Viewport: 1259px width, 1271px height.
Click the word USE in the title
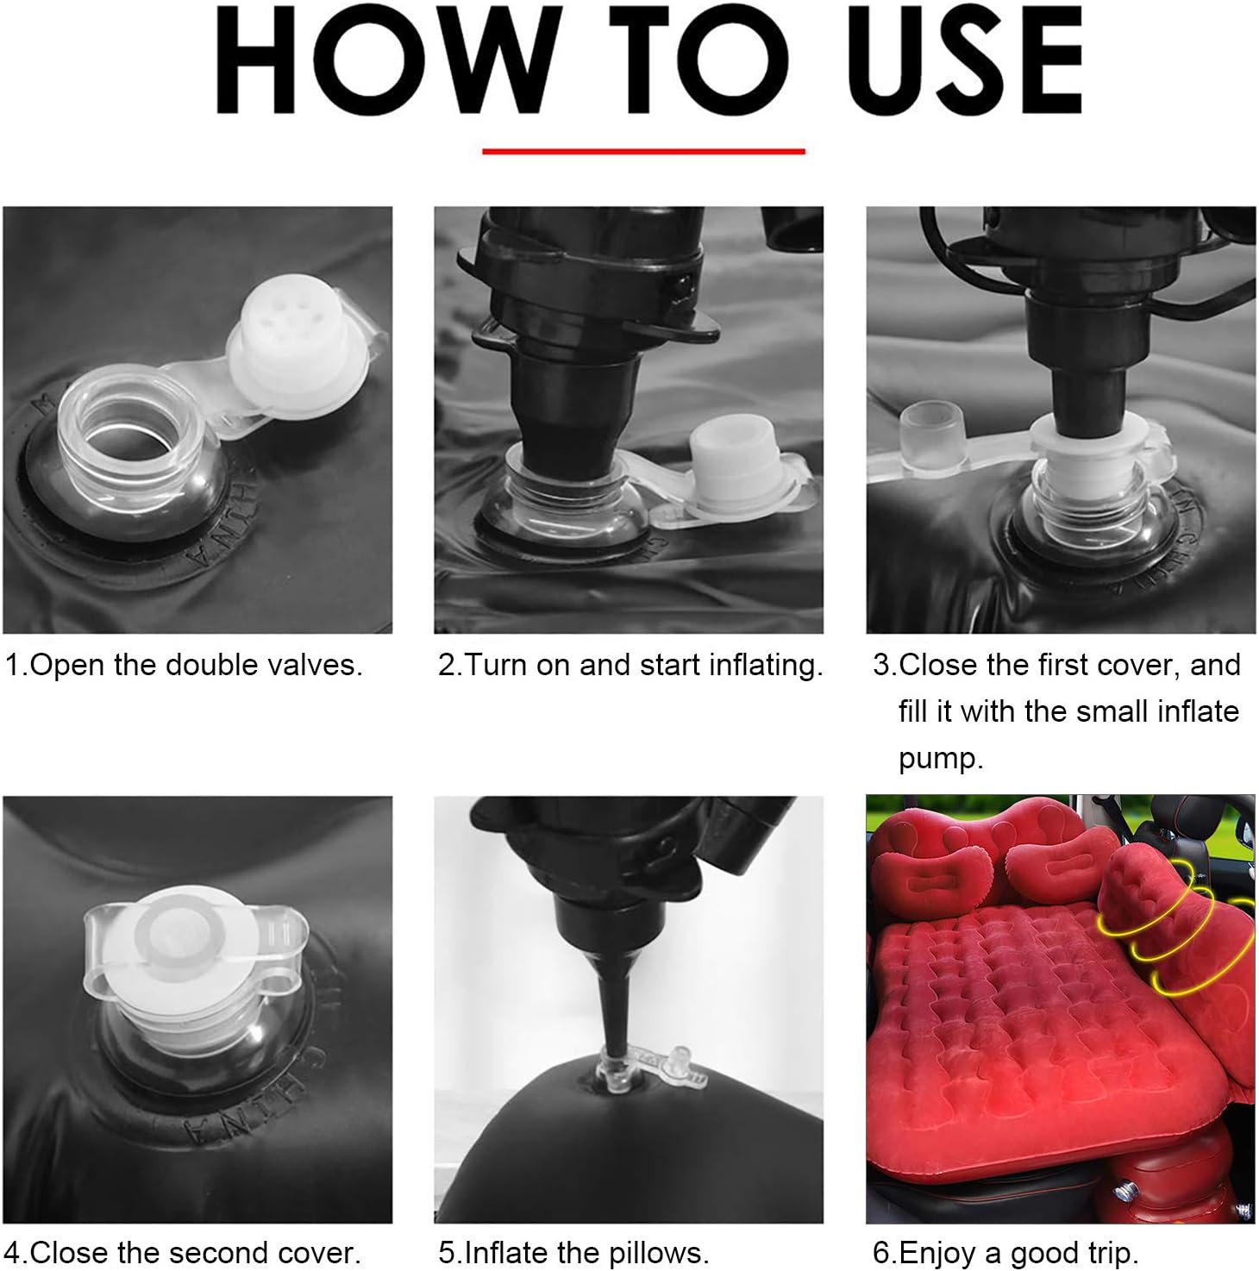[965, 59]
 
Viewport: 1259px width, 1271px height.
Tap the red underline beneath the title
[643, 151]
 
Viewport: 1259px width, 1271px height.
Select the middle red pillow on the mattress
[1060, 861]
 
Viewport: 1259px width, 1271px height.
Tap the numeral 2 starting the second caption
[446, 665]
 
